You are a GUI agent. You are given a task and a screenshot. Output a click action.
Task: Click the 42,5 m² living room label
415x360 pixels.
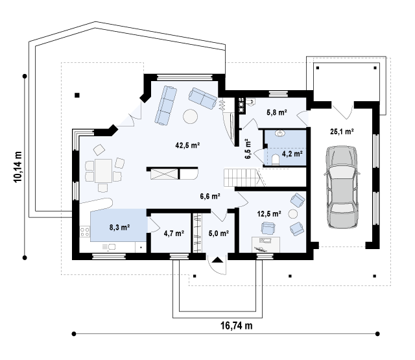click(187, 145)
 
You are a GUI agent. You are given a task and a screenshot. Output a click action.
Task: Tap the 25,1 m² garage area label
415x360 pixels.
click(342, 131)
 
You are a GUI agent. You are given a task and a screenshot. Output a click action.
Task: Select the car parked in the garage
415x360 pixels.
click(342, 187)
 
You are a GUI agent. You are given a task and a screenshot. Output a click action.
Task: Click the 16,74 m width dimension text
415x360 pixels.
click(236, 326)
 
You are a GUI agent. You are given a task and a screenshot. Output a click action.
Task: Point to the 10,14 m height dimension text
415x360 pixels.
click(18, 167)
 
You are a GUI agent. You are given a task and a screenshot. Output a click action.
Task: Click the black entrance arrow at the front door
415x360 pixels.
click(217, 259)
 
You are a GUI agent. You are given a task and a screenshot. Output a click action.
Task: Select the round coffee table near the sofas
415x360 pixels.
click(190, 116)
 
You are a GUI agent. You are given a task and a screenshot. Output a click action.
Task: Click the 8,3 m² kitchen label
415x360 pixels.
click(119, 227)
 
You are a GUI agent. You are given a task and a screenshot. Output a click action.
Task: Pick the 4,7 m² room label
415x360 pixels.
click(174, 234)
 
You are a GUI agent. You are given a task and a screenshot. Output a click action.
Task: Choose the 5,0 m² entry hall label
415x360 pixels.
click(219, 234)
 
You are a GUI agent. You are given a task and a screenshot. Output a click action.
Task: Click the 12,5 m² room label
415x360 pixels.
click(269, 213)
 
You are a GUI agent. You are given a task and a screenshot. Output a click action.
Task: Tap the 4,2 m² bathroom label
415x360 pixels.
click(292, 154)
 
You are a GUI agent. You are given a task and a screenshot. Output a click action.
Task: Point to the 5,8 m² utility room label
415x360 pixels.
click(277, 112)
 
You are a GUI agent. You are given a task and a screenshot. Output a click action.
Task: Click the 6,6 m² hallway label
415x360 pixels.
click(210, 196)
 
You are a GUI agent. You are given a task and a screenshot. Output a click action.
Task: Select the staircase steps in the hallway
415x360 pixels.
click(240, 178)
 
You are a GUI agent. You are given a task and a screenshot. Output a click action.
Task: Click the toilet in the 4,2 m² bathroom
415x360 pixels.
click(276, 160)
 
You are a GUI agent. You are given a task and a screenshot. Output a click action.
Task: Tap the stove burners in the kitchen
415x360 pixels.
click(85, 232)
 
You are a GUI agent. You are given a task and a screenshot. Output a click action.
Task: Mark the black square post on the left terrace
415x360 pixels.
click(77, 95)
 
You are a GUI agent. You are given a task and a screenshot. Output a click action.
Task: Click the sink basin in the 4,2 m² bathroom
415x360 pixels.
click(280, 134)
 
